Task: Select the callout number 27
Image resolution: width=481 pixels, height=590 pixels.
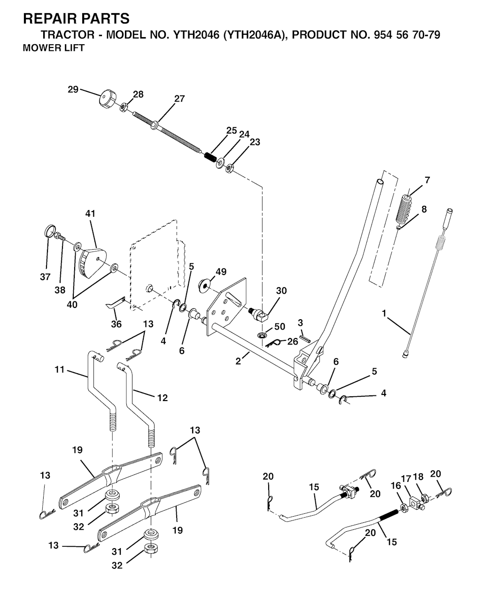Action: coord(179,99)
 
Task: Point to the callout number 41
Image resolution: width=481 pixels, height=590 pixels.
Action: coord(90,214)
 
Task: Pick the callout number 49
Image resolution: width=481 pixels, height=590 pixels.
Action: coord(221,272)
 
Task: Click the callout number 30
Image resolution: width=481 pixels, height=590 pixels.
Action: coord(281,291)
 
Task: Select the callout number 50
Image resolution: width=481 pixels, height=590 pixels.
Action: coord(279,326)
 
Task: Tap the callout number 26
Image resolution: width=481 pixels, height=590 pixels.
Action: coord(293,341)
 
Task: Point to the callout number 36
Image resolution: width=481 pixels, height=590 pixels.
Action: coord(116,324)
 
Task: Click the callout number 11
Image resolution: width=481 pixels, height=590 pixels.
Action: coord(59,370)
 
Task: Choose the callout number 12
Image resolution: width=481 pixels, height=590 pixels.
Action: coord(162,398)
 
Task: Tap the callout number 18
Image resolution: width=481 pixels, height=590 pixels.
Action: coord(418,477)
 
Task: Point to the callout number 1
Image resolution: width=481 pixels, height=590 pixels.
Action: coord(384,313)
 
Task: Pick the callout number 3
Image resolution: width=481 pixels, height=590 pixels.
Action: coord(301,323)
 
